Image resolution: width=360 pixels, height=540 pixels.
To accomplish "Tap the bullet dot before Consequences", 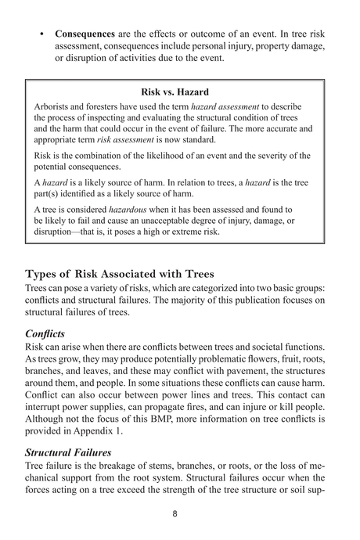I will pos(40,35).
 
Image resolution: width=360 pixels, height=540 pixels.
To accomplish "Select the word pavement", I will pos(252,382).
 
